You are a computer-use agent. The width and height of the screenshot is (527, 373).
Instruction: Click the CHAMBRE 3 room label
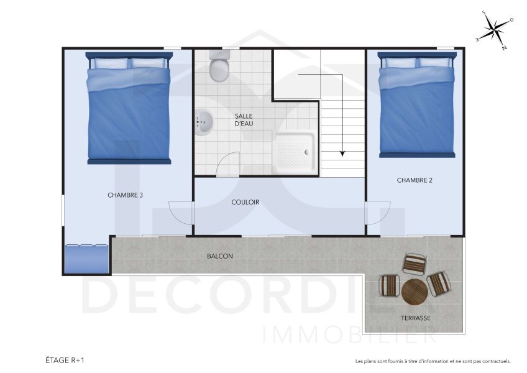(x=125, y=195)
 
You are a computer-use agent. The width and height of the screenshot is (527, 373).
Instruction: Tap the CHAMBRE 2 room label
(x=415, y=180)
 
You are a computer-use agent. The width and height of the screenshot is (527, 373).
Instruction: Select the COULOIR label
(x=245, y=202)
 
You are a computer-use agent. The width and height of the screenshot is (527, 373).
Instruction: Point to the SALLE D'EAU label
(x=244, y=119)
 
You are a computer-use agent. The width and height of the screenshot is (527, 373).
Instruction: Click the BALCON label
(x=220, y=256)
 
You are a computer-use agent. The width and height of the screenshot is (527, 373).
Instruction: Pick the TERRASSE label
(x=416, y=318)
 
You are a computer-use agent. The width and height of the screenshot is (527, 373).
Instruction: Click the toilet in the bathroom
(x=219, y=67)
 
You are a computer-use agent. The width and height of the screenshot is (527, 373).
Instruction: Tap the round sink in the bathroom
(x=203, y=122)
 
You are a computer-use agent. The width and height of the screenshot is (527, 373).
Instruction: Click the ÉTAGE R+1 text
(x=65, y=360)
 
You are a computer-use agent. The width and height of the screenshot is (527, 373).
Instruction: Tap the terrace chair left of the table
(x=390, y=285)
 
